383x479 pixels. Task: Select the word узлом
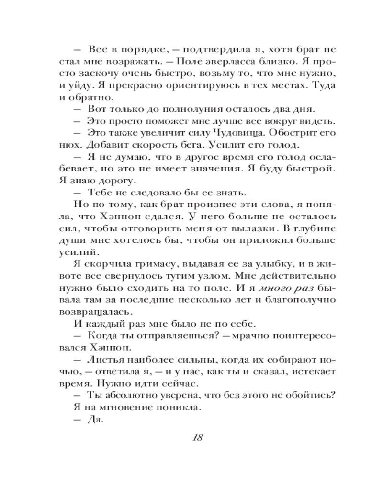pyautogui.click(x=190, y=276)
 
